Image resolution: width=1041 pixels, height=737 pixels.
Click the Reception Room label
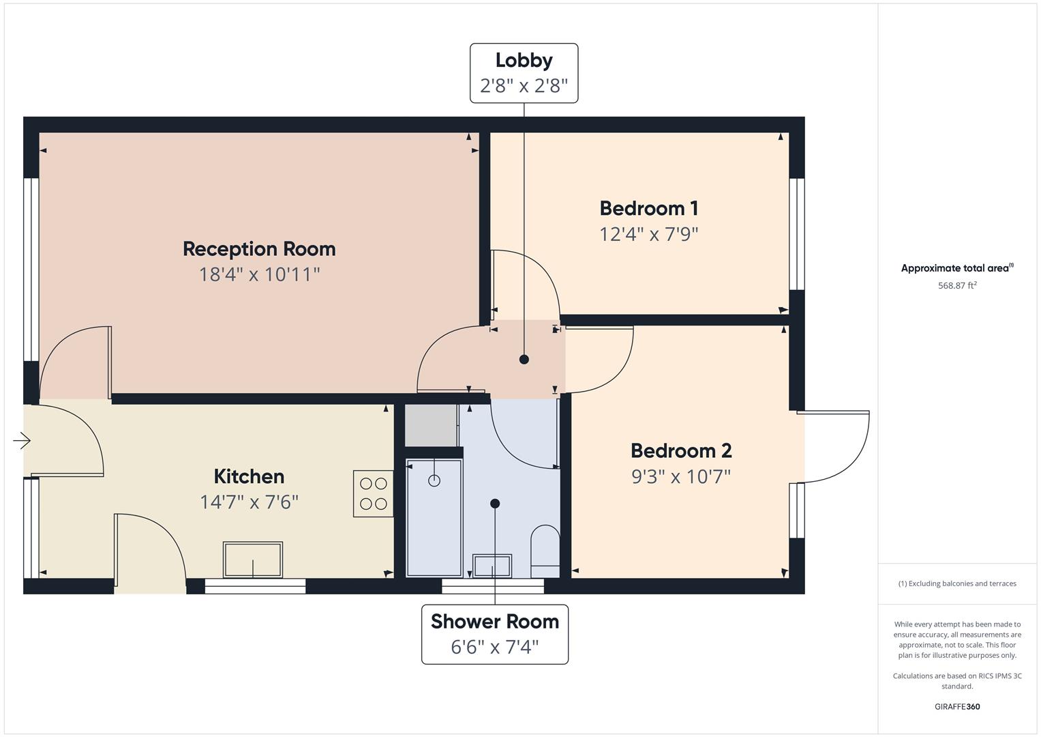(259, 248)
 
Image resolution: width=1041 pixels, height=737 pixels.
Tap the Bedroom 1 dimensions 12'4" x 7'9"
(648, 234)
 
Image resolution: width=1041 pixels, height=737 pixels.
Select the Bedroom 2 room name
(680, 450)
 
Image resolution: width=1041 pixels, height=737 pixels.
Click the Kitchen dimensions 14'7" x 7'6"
(249, 502)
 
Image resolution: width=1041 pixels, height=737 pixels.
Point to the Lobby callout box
(524, 73)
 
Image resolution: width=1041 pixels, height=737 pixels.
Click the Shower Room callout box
(494, 634)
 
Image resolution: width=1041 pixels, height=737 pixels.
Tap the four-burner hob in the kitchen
(373, 493)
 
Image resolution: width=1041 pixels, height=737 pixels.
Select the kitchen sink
(253, 560)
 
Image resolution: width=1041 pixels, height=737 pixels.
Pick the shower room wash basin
(493, 566)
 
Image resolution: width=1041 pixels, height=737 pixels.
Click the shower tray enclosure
(434, 517)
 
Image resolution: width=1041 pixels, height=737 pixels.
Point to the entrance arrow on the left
(22, 441)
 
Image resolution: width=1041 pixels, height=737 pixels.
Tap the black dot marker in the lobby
(524, 359)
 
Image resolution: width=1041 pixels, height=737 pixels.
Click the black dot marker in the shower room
(495, 504)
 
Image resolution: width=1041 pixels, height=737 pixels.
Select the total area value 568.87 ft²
(956, 285)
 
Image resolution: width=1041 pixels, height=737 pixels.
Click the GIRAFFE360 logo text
(956, 706)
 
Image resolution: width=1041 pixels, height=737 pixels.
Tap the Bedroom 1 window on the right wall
(796, 234)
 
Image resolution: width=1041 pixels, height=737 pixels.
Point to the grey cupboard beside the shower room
(431, 425)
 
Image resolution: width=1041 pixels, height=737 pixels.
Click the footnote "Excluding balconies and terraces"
(956, 583)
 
